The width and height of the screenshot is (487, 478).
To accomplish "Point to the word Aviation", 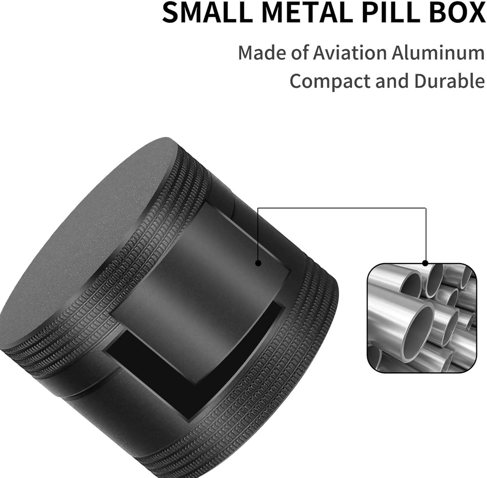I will (350, 53).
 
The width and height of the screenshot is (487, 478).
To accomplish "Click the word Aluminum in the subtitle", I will (438, 53).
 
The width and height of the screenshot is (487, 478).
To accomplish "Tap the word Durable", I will (449, 81).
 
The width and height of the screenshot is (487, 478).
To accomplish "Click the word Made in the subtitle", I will (261, 53).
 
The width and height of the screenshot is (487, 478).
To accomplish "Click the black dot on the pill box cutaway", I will (258, 263).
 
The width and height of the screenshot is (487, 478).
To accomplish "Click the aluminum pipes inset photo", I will (421, 318).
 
